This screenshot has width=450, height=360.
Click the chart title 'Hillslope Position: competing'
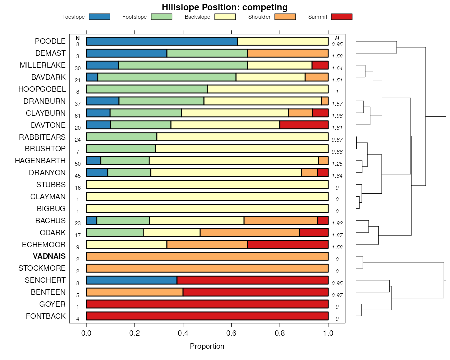[224, 7]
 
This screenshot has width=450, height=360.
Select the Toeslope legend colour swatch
[99, 17]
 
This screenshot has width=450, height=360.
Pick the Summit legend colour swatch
[341, 17]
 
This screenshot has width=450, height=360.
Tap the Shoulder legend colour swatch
[285, 17]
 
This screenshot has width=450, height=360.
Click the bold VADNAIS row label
[49, 256]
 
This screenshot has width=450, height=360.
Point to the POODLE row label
[50, 41]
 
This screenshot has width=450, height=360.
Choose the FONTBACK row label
[46, 316]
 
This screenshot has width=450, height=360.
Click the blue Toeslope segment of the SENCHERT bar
[132, 280]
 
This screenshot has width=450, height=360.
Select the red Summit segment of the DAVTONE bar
[304, 125]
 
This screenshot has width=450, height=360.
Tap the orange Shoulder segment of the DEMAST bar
[288, 53]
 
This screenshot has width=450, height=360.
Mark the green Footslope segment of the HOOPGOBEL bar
[147, 89]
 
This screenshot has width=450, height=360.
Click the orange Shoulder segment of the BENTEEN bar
[135, 292]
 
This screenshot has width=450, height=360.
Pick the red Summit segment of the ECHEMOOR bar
[288, 244]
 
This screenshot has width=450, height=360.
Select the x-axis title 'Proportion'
[207, 346]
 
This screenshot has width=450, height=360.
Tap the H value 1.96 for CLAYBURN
[337, 116]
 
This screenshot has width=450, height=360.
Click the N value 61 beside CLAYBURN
[78, 116]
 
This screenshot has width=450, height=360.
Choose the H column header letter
[337, 38]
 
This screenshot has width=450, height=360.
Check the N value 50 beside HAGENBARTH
[78, 164]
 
